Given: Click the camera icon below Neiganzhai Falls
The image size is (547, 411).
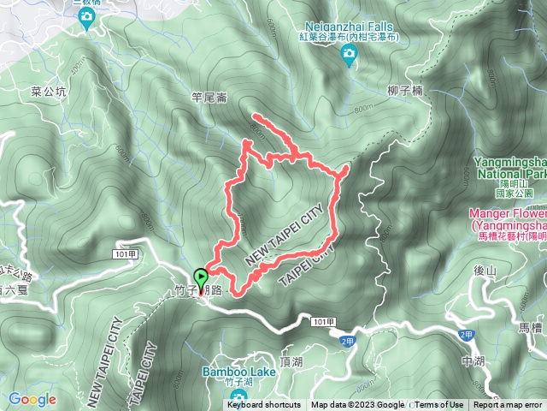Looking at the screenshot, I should pos(349,57).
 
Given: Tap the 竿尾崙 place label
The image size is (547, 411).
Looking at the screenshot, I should pos(209,98).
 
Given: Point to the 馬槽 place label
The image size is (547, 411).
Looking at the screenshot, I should pos(530,326).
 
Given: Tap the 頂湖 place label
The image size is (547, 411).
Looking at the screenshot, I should pos(291,362).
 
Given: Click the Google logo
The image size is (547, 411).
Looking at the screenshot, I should pos(32,399).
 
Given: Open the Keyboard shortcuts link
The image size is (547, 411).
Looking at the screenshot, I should pos(263,405).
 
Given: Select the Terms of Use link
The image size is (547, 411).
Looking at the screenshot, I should pos(439,405).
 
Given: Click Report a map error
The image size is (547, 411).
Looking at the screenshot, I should pos(508,405).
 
